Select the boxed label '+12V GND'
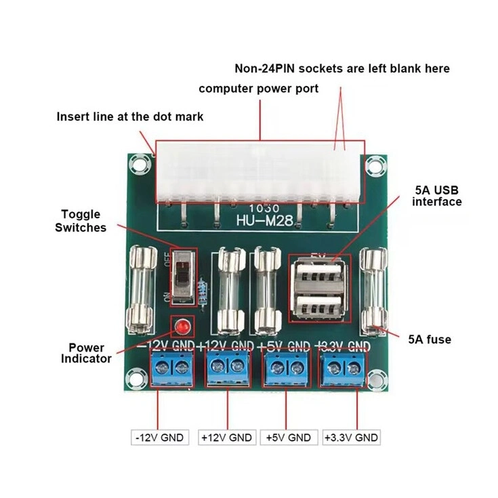226,437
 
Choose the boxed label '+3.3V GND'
351,437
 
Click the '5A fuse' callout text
428,339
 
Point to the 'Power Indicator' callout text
86,352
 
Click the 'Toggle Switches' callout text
80,221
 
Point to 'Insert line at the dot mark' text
129,116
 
